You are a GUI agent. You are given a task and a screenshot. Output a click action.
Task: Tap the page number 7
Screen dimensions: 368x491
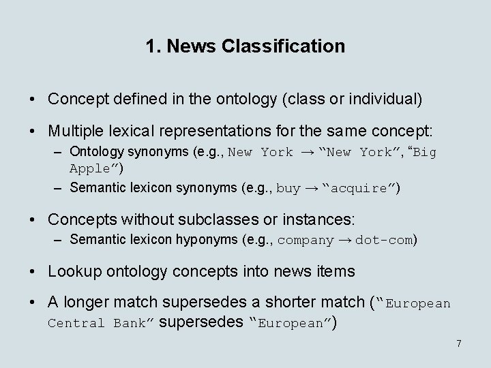(459, 343)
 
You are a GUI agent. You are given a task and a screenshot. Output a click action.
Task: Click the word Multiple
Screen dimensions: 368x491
(75, 130)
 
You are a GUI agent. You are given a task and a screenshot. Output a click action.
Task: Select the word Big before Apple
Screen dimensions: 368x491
(424, 153)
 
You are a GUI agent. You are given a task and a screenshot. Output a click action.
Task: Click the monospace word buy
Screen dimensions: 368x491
(288, 189)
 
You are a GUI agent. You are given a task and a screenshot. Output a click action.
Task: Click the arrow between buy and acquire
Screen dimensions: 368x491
(312, 189)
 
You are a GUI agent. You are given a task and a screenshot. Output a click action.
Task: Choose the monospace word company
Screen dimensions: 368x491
(306, 240)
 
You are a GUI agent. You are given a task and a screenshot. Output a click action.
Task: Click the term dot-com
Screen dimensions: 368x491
(384, 240)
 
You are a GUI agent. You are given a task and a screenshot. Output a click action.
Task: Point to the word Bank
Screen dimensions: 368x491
(129, 323)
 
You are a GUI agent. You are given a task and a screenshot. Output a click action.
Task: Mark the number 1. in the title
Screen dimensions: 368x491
(153, 46)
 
